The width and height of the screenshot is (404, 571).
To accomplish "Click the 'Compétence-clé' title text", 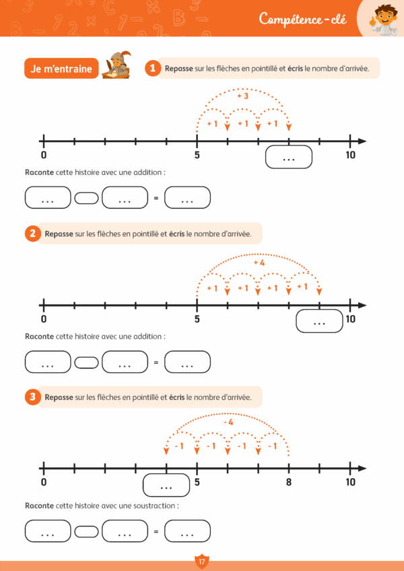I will click(302, 18).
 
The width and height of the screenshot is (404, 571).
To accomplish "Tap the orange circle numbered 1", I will click(153, 68).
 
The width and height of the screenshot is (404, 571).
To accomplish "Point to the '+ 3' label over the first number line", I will click(243, 96).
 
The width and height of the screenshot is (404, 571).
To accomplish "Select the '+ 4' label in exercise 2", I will click(259, 262).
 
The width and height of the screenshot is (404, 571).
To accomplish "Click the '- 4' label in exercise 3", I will click(228, 422).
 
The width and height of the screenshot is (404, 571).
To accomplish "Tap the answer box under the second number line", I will click(319, 323).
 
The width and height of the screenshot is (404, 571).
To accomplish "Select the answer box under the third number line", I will click(166, 485).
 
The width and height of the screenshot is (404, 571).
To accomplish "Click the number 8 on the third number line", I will click(288, 482).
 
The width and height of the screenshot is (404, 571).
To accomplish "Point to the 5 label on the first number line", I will click(197, 154).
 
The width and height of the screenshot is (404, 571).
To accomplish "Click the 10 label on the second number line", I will click(350, 319).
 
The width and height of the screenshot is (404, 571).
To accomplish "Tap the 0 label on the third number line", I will click(44, 482).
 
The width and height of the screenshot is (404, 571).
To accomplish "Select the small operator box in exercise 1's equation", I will click(86, 198).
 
